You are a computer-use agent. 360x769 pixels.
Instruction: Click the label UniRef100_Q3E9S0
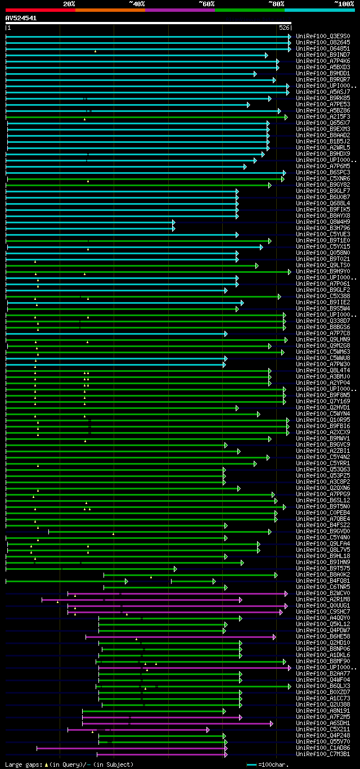(323, 36)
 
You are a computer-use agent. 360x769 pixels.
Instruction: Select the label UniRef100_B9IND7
(323, 55)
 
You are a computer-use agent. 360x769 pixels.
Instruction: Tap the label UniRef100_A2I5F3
(323, 116)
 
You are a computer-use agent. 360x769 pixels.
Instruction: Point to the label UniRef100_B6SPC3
(323, 172)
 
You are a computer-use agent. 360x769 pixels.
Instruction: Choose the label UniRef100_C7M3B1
(323, 754)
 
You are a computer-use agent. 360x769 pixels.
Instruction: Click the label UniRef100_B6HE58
(323, 636)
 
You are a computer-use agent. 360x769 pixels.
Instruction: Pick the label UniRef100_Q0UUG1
(323, 605)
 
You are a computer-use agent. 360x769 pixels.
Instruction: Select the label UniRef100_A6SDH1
(323, 723)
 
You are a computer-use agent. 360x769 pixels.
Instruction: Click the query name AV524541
(21, 18)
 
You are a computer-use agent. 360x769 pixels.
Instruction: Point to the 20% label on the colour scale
(69, 4)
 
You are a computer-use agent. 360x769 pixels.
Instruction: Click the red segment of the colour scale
(40, 10)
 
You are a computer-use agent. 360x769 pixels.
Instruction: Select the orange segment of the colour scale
(110, 10)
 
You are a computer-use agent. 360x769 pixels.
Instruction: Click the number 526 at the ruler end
(285, 28)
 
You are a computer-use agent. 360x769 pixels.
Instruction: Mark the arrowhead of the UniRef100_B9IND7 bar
(267, 55)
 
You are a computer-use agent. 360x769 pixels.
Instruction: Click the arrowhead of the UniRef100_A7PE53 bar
(248, 105)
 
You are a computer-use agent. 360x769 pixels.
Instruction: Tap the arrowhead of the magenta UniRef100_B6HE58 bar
(274, 637)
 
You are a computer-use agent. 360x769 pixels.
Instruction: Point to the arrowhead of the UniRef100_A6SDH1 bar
(271, 723)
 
